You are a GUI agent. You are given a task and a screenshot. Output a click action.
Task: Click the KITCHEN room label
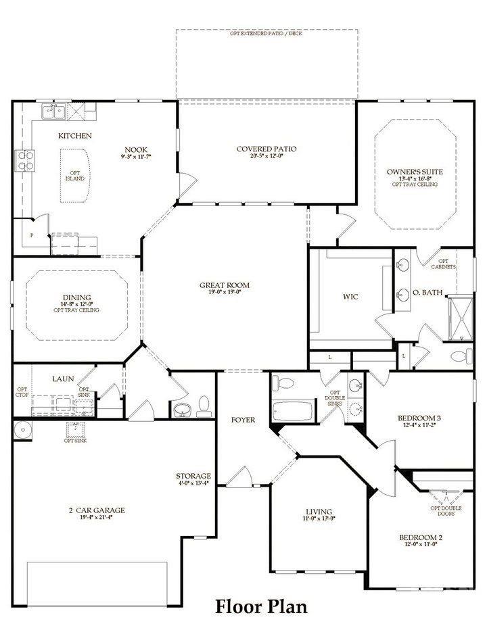click(x=74, y=136)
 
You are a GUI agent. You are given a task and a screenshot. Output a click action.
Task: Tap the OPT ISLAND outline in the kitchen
click(x=75, y=176)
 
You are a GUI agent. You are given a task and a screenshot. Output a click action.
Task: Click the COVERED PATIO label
click(x=266, y=149)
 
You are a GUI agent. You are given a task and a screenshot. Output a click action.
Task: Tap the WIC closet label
click(x=350, y=296)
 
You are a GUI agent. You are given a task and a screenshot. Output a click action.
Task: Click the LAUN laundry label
click(x=63, y=379)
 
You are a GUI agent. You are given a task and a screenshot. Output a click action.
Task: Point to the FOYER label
click(x=243, y=420)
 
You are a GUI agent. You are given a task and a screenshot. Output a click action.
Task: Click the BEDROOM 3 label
click(x=419, y=418)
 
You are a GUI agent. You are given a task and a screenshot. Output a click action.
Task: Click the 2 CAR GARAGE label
click(x=96, y=510)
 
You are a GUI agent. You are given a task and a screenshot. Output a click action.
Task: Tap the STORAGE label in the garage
click(x=193, y=476)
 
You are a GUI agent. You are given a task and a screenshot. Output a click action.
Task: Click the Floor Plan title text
click(x=261, y=606)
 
